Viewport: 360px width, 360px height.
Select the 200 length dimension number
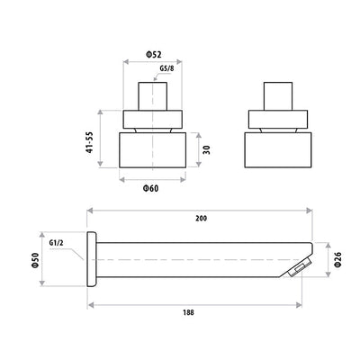[200, 218]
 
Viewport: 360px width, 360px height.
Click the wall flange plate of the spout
[90, 259]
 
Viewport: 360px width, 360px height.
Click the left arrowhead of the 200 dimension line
[90, 212]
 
